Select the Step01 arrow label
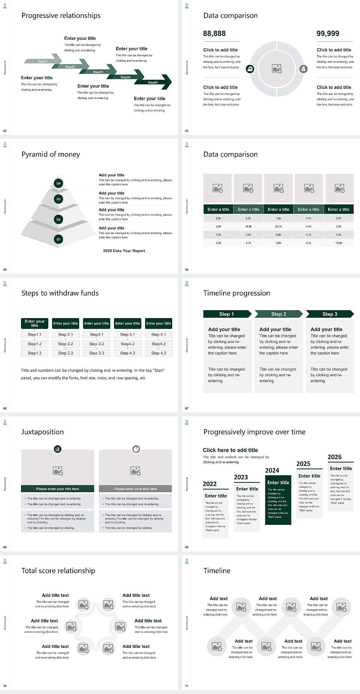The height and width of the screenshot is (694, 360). pyautogui.click(x=43, y=61)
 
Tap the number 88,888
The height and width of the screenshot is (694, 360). pyautogui.click(x=214, y=33)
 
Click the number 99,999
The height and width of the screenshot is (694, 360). pyautogui.click(x=328, y=33)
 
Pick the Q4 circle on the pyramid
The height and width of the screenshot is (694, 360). pyautogui.click(x=58, y=183)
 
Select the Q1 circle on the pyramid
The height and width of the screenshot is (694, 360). pyautogui.click(x=58, y=239)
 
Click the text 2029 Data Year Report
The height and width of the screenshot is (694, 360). pyautogui.click(x=124, y=251)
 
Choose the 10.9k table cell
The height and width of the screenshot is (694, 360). pyautogui.click(x=339, y=243)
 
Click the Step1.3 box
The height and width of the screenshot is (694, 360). pyautogui.click(x=34, y=353)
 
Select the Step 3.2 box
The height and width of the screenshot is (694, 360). pyautogui.click(x=96, y=344)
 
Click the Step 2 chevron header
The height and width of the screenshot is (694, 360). pyautogui.click(x=279, y=314)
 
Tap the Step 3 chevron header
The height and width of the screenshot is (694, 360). pyautogui.click(x=330, y=314)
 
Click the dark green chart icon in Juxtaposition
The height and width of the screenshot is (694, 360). pyautogui.click(x=58, y=449)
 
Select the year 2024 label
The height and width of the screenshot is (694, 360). pyautogui.click(x=272, y=470)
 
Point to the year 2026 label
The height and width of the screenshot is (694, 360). pyautogui.click(x=334, y=457)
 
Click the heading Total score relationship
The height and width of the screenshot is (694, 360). pyautogui.click(x=58, y=571)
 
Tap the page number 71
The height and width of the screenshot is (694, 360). pyautogui.click(x=187, y=686)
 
